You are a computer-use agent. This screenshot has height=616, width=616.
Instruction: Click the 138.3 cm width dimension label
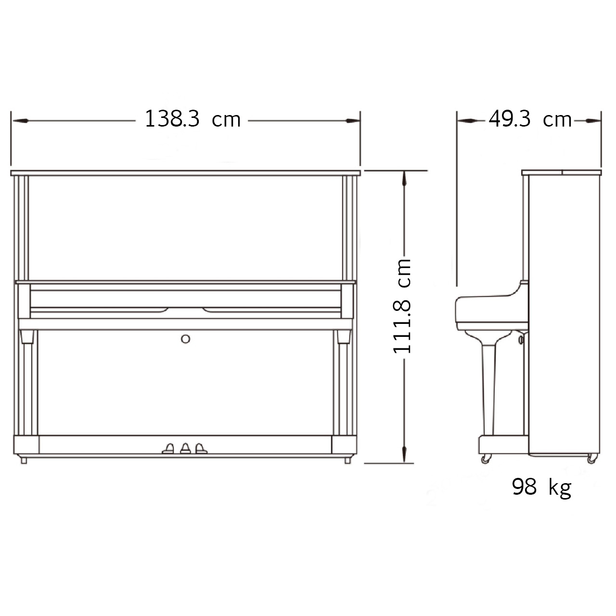[193, 119]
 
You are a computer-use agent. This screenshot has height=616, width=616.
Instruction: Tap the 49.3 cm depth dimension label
[530, 119]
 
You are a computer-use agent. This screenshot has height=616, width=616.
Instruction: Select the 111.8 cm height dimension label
[402, 306]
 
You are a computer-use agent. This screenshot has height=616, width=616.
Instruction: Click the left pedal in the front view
[168, 449]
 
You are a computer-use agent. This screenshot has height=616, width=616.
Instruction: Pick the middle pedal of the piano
[185, 449]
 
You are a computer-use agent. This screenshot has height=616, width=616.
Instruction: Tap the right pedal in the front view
[201, 449]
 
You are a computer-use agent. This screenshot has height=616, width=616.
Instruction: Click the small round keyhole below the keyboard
[185, 339]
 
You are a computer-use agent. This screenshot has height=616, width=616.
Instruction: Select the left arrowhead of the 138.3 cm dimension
[20, 121]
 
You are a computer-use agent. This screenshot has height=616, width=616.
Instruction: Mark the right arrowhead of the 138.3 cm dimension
[353, 121]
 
